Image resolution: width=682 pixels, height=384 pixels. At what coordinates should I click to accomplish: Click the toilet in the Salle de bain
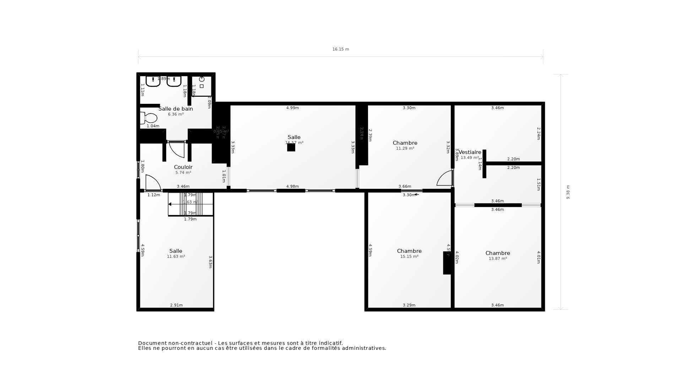(149, 118)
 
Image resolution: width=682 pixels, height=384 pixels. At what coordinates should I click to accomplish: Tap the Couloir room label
(183, 167)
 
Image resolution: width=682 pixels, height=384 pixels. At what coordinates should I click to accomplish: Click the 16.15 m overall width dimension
(341, 49)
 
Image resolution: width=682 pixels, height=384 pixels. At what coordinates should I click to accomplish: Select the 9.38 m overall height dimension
(568, 192)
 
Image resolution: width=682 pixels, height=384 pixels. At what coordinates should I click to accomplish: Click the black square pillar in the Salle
(291, 148)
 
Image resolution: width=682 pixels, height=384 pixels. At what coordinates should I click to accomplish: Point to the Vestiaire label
(470, 152)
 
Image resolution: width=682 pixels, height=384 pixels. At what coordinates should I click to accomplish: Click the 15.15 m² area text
(409, 256)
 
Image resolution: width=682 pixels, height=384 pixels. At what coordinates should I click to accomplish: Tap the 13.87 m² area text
(498, 258)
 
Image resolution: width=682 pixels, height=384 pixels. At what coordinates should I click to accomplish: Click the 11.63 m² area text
(176, 256)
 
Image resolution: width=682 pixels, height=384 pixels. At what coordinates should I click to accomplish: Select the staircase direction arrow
(170, 204)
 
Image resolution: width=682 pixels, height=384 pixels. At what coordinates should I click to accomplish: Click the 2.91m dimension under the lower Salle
(177, 305)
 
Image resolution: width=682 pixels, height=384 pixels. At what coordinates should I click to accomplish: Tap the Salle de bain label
(175, 109)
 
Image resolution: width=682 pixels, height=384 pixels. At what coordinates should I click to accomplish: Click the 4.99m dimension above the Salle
(293, 108)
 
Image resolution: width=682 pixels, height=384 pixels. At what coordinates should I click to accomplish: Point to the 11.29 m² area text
(405, 149)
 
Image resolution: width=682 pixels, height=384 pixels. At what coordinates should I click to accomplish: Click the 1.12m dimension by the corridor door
(154, 195)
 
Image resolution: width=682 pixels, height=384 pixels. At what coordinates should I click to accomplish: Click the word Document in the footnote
(152, 343)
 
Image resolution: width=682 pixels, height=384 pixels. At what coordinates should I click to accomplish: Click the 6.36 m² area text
(175, 114)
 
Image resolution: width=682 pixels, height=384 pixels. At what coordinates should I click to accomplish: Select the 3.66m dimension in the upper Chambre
(405, 186)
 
